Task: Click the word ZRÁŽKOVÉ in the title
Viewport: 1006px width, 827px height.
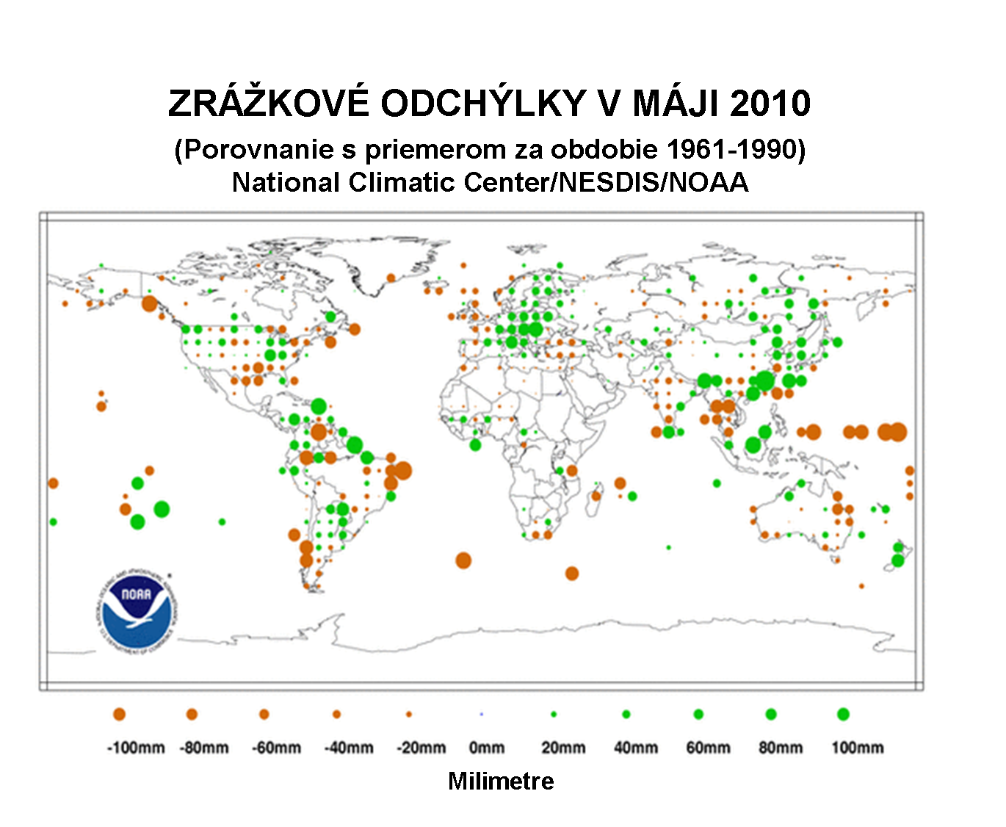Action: [x=268, y=103]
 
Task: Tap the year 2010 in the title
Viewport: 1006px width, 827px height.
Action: [x=770, y=103]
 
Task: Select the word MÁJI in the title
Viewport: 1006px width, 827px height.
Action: [x=676, y=103]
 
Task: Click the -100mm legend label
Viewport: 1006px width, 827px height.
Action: [x=136, y=748]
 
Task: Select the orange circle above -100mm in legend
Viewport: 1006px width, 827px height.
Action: [x=120, y=714]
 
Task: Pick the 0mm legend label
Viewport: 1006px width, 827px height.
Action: [x=487, y=748]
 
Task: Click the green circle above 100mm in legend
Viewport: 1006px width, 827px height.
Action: [x=843, y=714]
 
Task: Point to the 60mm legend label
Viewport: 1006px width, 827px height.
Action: [x=708, y=748]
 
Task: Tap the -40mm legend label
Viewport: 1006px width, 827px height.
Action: [x=349, y=748]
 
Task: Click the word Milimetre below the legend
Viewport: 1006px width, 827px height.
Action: [x=501, y=781]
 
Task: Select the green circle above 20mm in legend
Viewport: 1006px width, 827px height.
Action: [x=554, y=714]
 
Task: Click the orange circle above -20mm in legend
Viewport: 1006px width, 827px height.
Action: [x=409, y=714]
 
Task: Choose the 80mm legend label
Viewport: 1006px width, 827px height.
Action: [x=781, y=748]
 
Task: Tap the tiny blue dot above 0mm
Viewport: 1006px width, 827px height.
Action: [x=481, y=714]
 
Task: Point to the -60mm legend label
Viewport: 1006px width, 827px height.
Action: [x=276, y=748]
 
